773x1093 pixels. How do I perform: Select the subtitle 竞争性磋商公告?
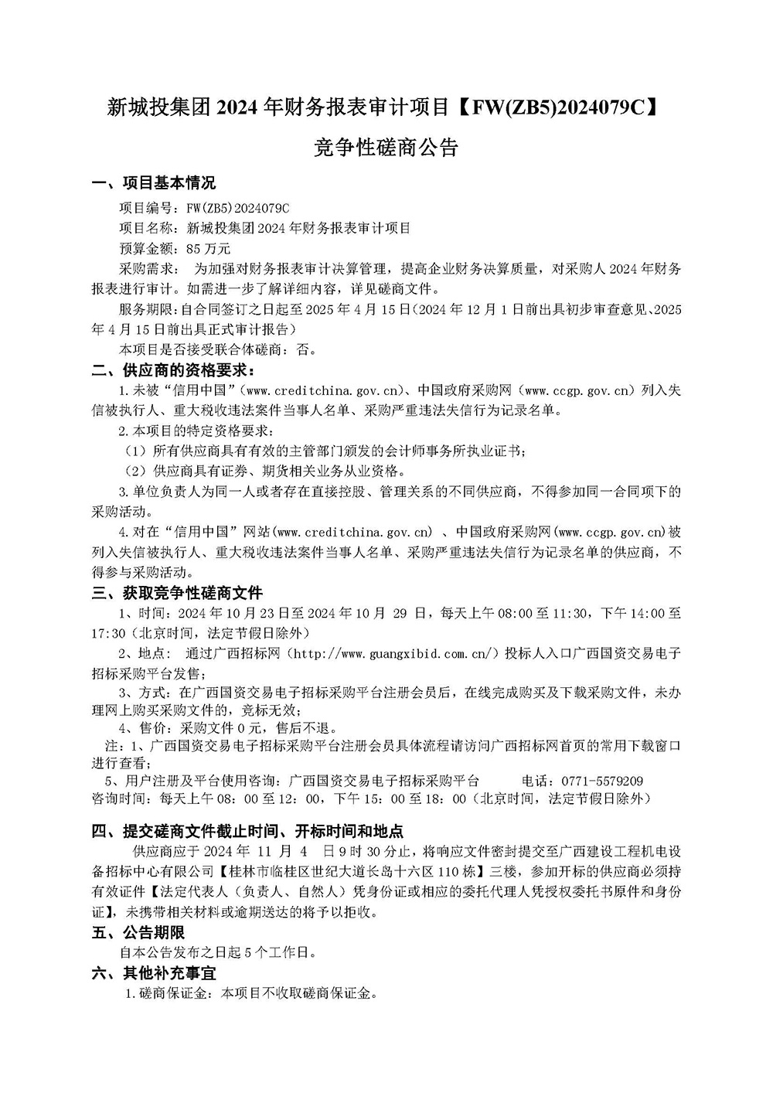pos(386,147)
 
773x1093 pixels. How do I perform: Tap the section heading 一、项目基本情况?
pos(153,184)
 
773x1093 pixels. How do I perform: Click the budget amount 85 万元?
pos(209,249)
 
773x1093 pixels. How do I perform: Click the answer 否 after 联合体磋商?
pos(305,349)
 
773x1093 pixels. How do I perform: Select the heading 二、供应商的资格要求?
pos(169,369)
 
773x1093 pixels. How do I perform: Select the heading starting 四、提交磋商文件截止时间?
pos(247,832)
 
